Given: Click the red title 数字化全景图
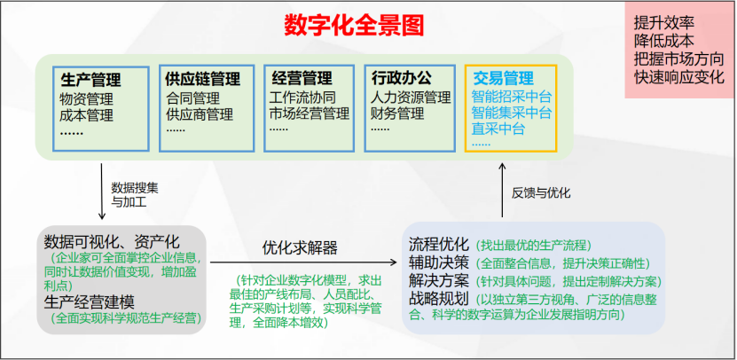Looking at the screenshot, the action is coord(354,26).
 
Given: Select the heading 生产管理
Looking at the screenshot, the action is coord(90,80).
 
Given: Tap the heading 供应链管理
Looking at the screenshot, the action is coord(202,79).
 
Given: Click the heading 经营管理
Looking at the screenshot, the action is coord(302,77).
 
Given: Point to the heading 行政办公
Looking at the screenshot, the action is coord(401,77).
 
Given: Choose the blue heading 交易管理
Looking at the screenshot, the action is coord(504,77).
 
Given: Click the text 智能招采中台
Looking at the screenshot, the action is coord(512,98).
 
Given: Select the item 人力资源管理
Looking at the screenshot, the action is coord(411,98).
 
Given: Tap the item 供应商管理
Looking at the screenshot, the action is coord(200,114).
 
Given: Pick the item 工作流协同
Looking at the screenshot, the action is coord(302,98).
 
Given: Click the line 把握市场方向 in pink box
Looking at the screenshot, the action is coord(679,59).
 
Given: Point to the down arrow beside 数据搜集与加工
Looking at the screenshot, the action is coord(101,192).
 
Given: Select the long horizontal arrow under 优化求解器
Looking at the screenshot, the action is coord(303,262).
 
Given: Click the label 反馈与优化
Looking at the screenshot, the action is coord(541,192).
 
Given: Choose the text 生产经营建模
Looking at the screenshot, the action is coord(90,302).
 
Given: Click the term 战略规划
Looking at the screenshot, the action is coord(439,300).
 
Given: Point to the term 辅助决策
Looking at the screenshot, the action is coord(439,262).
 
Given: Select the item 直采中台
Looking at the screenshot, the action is coord(498,129).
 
